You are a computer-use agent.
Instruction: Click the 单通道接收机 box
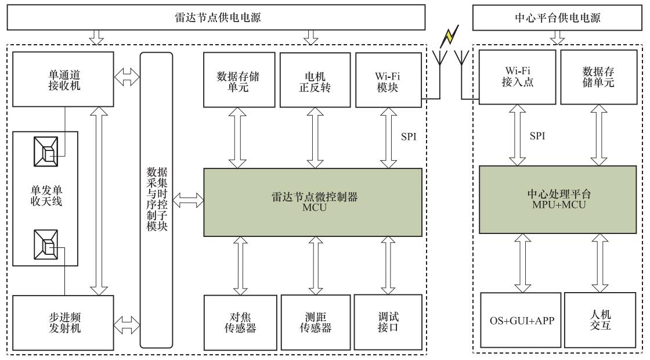click(x=63, y=79)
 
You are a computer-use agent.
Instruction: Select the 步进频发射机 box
click(x=63, y=323)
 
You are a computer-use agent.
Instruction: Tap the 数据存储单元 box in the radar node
click(x=239, y=80)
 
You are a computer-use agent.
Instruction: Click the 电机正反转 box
click(x=315, y=80)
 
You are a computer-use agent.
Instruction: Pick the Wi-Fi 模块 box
click(x=388, y=80)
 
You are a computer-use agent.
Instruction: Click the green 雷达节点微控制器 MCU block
click(x=313, y=202)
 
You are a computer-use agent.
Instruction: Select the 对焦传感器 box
click(x=240, y=323)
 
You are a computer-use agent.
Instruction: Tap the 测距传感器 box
click(x=316, y=323)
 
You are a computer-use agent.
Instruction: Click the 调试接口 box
click(x=388, y=323)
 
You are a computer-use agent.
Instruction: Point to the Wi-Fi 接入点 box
click(x=517, y=77)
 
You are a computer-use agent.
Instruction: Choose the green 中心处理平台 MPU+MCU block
click(x=558, y=200)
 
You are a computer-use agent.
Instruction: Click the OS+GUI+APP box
click(x=521, y=320)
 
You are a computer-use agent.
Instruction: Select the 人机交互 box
click(x=600, y=320)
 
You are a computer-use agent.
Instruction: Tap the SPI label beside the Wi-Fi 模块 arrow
click(x=409, y=136)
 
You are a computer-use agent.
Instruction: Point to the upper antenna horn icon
click(x=46, y=152)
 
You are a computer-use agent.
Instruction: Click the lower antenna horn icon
click(x=46, y=244)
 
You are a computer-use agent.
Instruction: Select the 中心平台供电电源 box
click(x=557, y=18)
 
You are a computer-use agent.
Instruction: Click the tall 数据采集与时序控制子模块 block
click(x=156, y=200)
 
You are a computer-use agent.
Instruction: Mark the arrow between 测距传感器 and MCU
click(x=316, y=265)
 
